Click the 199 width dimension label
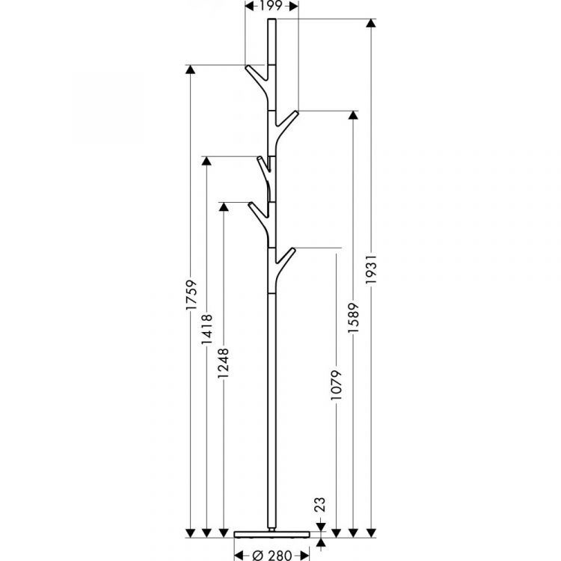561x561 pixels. click(272, 6)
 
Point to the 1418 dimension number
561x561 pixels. click(207, 327)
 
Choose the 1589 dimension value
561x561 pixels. click(353, 320)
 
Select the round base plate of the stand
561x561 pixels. click(272, 533)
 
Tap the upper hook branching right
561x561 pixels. click(288, 119)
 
